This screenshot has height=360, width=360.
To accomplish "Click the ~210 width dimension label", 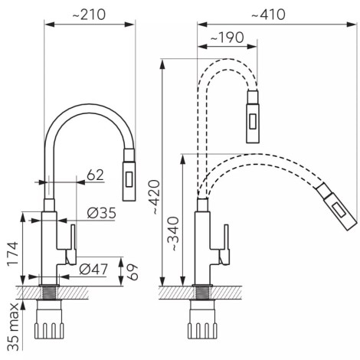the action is tap(89, 15).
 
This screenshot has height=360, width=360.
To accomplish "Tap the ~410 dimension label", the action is tap(268, 15).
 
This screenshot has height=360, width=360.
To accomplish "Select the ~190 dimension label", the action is tap(227, 38).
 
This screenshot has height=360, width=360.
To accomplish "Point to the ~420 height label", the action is tap(155, 197).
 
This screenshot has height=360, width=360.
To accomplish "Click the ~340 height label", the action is tap(175, 234).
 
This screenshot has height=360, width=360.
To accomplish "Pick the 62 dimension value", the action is tap(95, 175).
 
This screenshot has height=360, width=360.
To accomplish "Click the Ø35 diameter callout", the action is tap(101, 213).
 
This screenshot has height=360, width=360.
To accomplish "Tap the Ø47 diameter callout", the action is tap(93, 269).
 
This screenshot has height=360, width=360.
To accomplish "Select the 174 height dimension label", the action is tap(13, 254).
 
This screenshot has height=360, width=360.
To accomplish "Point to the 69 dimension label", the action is tap(133, 272).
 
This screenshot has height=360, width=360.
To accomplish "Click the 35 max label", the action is tap(13, 327).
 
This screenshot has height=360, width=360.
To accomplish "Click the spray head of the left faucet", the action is tap(129, 175).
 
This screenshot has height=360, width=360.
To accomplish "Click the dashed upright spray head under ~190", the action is tap(253, 116).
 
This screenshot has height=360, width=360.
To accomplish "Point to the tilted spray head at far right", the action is tap(336, 207).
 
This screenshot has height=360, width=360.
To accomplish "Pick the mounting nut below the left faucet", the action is tap(49, 319).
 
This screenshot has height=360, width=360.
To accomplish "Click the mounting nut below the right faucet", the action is tap(202, 319).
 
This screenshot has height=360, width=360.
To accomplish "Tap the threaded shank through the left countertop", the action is tap(49, 293).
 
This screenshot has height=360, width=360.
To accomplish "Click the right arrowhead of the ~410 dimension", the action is tap(352, 25).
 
